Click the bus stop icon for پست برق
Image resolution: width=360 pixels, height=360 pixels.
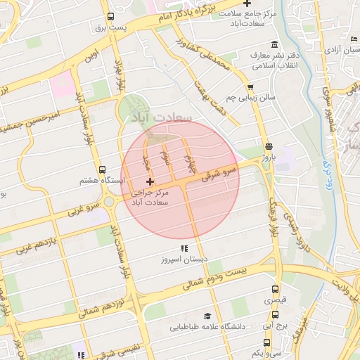[x=110, y=18]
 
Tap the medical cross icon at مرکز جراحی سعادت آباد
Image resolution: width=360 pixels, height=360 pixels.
[x=150, y=182]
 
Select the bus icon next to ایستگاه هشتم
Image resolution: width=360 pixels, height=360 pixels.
[x=103, y=169]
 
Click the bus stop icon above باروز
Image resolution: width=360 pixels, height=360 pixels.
[x=269, y=146]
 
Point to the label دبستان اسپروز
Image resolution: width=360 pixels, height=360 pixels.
[x=185, y=260]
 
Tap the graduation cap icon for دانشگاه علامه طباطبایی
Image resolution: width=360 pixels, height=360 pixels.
[x=207, y=316]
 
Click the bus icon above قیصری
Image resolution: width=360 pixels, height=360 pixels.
[x=276, y=289]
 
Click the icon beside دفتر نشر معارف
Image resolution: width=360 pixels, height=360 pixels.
[x=252, y=55]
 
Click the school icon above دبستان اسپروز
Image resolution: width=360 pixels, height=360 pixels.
[x=184, y=249]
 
